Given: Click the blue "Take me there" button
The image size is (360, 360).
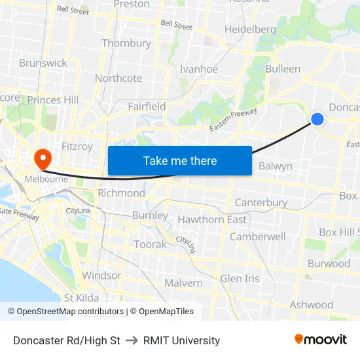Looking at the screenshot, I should click(x=180, y=160).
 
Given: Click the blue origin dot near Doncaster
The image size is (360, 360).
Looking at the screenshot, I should click(x=317, y=118).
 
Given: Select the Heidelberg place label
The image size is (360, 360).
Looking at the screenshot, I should click(x=250, y=29).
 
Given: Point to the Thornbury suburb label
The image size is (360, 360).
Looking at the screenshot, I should click(x=126, y=43).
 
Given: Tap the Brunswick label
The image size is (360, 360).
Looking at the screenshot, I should click(x=43, y=63).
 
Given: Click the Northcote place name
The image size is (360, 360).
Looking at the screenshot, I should click(x=118, y=78).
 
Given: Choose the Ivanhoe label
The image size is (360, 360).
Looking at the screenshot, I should click(x=198, y=69).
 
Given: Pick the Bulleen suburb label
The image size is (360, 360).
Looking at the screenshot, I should click(x=283, y=69).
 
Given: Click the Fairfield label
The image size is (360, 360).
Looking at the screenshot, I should click(x=147, y=106).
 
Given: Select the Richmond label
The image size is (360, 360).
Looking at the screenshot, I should click(x=121, y=193).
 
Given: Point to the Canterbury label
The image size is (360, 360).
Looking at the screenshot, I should click(x=261, y=202).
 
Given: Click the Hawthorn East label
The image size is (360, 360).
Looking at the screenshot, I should click(x=212, y=219).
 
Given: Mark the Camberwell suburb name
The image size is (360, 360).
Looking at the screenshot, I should click(x=257, y=236).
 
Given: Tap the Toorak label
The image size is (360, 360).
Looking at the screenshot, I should click(x=151, y=244).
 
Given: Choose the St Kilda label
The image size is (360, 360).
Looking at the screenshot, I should click(x=82, y=298).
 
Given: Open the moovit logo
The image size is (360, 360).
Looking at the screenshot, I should click(x=321, y=340).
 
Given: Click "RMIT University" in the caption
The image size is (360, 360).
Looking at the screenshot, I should click(x=182, y=340).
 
